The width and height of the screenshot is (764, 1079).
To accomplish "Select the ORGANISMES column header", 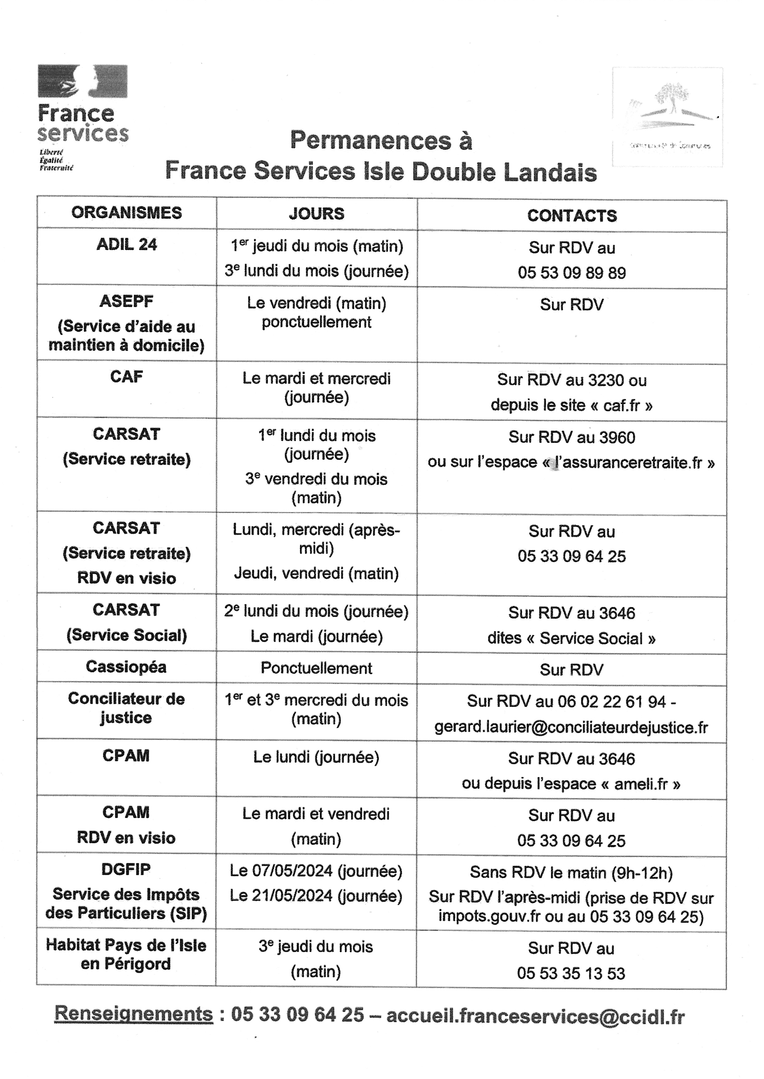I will pos(127,213).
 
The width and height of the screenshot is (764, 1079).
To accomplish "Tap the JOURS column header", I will pos(317,214).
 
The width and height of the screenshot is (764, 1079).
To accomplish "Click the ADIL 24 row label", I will pos(127,244).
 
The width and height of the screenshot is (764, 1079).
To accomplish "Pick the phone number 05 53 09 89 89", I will pos(571,273).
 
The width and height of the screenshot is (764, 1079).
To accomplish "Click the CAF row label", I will pos(127,377).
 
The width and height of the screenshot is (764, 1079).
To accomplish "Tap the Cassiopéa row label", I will pos(126,667).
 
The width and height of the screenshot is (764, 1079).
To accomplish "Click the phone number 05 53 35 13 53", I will pos(571,973).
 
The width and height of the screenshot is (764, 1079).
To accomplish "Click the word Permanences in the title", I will pos(370,141).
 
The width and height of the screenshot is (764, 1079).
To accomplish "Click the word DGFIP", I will pos(126,869).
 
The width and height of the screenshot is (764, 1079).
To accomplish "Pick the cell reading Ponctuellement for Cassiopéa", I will pos(317,668).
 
